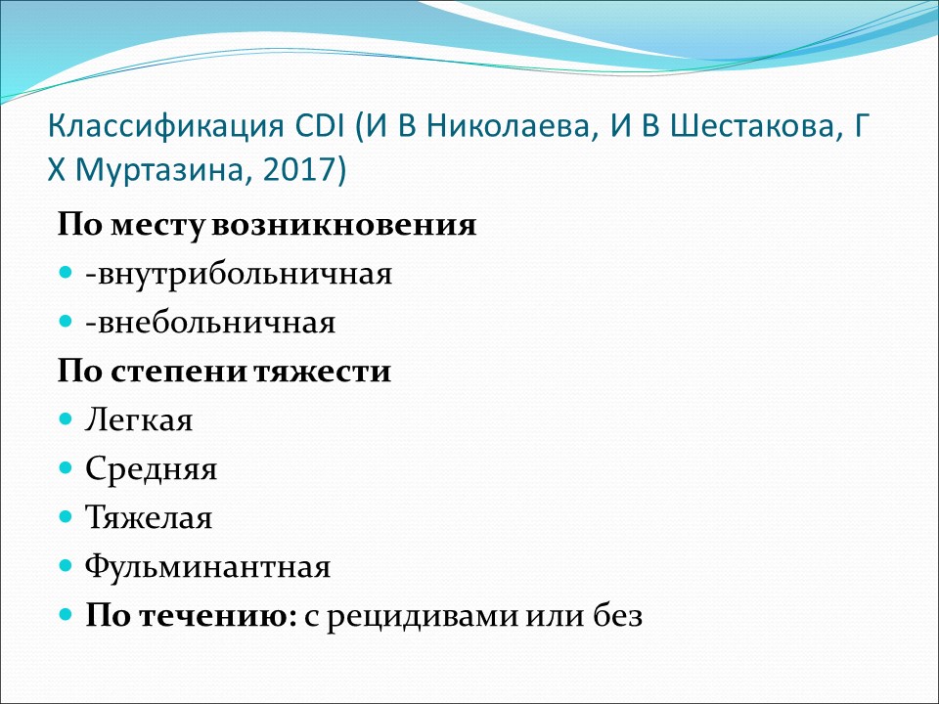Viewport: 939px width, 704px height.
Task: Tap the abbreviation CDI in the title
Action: (320, 126)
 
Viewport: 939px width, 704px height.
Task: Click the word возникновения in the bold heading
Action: (344, 226)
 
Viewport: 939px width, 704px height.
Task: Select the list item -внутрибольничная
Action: (239, 274)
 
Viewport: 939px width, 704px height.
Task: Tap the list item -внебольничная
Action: (211, 324)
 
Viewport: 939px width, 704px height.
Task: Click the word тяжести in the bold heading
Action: (322, 372)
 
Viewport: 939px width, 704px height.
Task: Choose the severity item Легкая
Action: (139, 420)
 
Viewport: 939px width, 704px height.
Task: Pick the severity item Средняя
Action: (151, 469)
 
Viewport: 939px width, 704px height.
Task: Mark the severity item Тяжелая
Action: (149, 517)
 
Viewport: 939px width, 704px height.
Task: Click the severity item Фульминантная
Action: (207, 566)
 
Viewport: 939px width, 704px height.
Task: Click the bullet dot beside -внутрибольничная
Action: (66, 273)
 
